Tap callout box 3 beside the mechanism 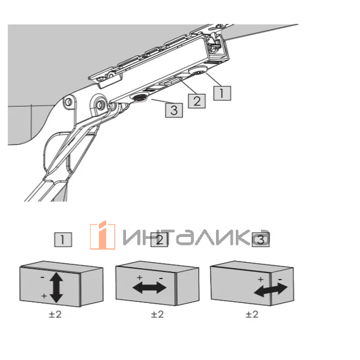(x=174, y=110)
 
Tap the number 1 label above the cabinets (x=63, y=241)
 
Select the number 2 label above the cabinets (x=160, y=241)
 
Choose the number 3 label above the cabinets (x=260, y=240)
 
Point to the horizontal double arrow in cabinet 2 (x=149, y=287)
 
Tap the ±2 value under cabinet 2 (x=157, y=314)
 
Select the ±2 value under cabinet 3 (x=253, y=314)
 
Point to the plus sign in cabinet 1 (x=43, y=296)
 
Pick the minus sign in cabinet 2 (x=160, y=279)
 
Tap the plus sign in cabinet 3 (x=260, y=280)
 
